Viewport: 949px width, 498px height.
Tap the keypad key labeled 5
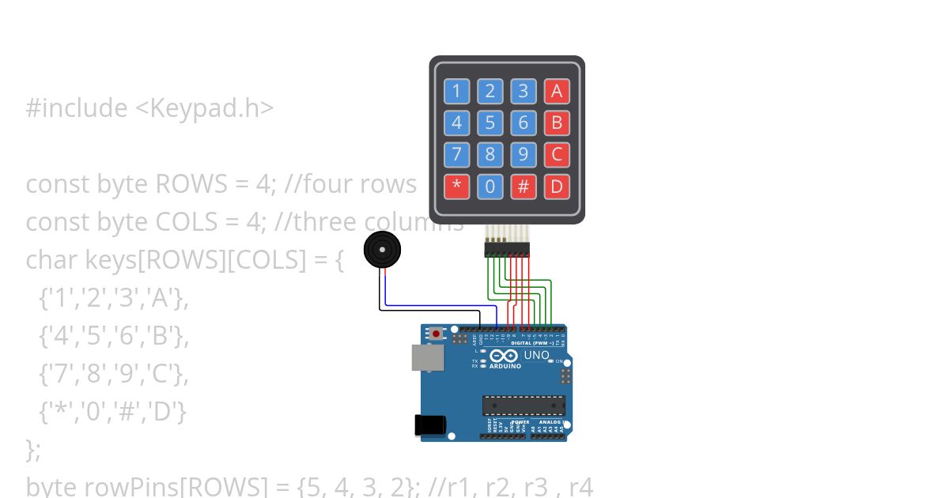pyautogui.click(x=490, y=123)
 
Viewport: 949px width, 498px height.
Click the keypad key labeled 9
pyautogui.click(x=523, y=154)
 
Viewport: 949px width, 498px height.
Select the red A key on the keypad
pyautogui.click(x=557, y=92)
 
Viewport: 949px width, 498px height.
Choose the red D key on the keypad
pyautogui.click(x=557, y=187)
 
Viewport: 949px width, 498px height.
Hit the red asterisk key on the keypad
pyautogui.click(x=456, y=187)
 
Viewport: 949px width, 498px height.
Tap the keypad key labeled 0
pyautogui.click(x=490, y=187)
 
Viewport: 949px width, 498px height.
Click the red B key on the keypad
pyautogui.click(x=557, y=123)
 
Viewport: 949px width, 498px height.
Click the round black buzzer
pyautogui.click(x=382, y=251)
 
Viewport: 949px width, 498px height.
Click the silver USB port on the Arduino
pyautogui.click(x=426, y=357)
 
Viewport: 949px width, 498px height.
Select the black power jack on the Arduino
pyautogui.click(x=429, y=424)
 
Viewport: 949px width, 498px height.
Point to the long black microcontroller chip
pyautogui.click(x=524, y=406)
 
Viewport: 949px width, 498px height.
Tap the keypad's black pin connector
pyautogui.click(x=507, y=250)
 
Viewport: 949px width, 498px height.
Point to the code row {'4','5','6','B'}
pyautogui.click(x=113, y=336)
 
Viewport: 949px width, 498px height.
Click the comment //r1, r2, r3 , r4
pyautogui.click(x=510, y=486)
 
